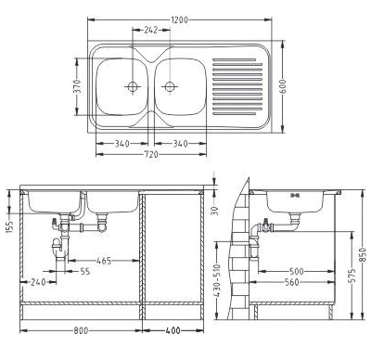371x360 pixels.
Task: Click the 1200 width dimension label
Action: point(179,19)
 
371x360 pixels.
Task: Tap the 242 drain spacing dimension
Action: point(151,30)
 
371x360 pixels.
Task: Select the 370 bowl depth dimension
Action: point(78,86)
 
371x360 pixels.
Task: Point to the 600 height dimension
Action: point(283,86)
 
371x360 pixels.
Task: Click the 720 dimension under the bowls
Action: point(151,154)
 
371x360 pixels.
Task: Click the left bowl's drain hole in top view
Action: point(133,86)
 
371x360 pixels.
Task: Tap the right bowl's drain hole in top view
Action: point(170,86)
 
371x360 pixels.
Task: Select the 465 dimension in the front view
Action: point(104,261)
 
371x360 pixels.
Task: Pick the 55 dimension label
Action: point(85,271)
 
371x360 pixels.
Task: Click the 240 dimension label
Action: point(38,282)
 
